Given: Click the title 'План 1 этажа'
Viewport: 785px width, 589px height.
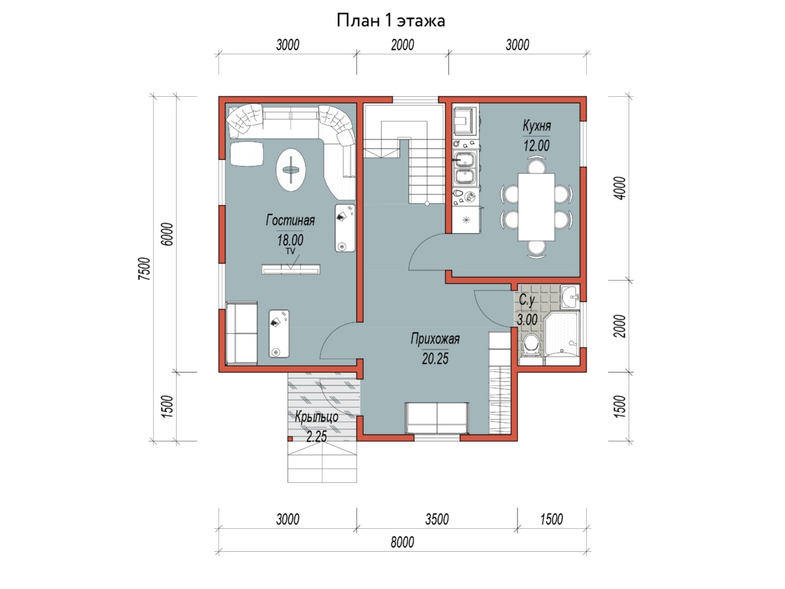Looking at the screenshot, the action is [391, 21].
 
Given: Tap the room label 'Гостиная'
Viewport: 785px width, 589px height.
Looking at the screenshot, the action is [290, 221].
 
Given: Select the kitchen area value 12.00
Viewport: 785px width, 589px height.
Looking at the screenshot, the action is [536, 145].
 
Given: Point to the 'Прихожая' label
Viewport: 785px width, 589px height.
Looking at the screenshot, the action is [435, 338].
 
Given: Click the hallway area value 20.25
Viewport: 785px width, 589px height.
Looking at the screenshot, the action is [435, 359].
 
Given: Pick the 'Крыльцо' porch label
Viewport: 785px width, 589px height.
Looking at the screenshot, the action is [317, 417].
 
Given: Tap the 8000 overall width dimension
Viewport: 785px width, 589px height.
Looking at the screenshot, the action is [402, 542].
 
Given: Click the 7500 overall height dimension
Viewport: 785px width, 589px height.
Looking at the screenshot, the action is [145, 268].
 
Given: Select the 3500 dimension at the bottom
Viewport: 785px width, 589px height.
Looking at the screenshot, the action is [437, 519].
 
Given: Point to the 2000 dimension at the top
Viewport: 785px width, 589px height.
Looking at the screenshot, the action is [402, 45].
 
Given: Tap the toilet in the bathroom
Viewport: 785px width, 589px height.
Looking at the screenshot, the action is [531, 346].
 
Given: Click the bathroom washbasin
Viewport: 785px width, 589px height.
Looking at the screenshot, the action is [568, 296].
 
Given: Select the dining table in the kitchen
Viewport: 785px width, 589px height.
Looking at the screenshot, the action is [536, 207].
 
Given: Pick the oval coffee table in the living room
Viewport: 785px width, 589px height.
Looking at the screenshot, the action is [290, 170].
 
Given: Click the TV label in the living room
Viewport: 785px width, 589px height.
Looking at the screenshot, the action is [290, 251].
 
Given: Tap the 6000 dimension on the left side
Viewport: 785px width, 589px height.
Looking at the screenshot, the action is [167, 234].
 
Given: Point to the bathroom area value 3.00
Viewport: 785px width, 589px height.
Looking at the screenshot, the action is [527, 320].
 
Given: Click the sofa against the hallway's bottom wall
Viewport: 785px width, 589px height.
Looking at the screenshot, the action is [437, 418].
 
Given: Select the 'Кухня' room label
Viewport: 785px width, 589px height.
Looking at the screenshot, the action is [536, 126].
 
